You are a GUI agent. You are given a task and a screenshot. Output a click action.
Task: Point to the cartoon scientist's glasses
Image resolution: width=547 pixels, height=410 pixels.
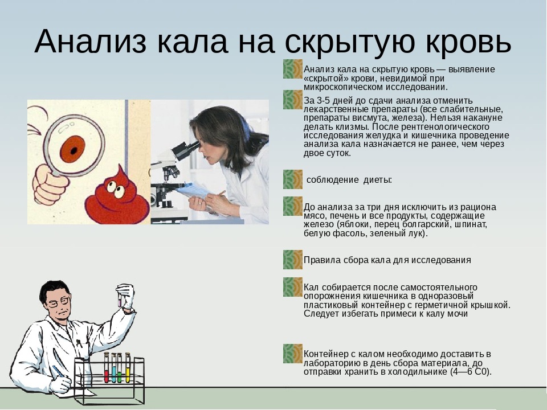60,301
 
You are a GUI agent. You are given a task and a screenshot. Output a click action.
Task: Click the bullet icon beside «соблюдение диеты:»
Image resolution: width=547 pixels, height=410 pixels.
293,179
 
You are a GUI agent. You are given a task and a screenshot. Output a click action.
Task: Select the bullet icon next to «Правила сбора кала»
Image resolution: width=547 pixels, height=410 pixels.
293,260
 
